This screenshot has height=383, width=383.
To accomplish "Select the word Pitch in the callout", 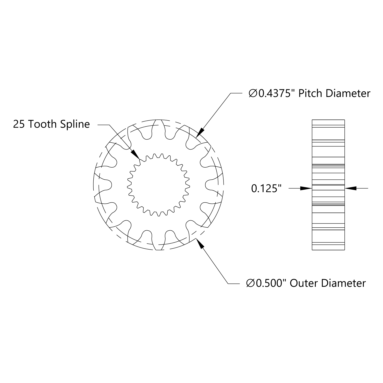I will click(x=311, y=94).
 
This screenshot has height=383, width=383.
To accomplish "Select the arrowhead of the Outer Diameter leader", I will click(x=200, y=244).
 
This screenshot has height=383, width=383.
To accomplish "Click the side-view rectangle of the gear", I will click(x=328, y=185).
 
